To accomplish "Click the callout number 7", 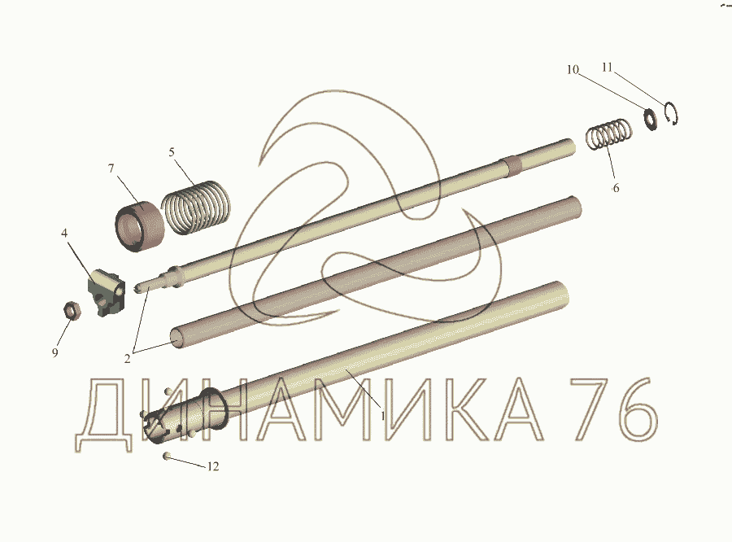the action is [x=111, y=168].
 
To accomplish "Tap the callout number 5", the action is [x=172, y=152].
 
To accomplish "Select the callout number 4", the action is [x=64, y=233].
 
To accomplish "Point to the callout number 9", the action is [x=55, y=352].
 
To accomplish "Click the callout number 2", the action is [x=128, y=359].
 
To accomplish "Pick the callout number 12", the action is [x=213, y=466].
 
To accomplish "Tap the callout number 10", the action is [x=573, y=70].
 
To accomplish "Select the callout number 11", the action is [x=607, y=68].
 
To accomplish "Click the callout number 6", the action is [x=616, y=188].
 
